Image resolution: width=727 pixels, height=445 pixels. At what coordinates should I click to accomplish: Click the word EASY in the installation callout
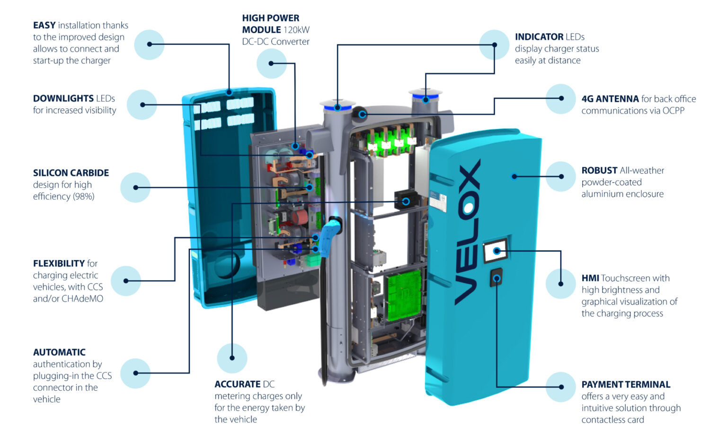(44, 26)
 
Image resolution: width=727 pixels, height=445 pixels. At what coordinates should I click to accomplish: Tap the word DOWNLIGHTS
(63, 98)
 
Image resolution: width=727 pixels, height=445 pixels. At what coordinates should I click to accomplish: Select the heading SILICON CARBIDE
(71, 173)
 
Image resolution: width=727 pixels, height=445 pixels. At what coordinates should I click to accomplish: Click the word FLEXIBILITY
(59, 263)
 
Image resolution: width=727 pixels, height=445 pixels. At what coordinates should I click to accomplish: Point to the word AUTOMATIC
(59, 352)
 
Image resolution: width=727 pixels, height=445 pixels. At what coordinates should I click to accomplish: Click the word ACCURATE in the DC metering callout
(238, 384)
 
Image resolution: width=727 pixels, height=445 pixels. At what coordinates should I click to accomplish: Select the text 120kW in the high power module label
(296, 30)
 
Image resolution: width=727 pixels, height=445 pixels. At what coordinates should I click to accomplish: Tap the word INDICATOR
(539, 37)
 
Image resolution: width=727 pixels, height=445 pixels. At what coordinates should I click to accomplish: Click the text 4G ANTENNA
(610, 99)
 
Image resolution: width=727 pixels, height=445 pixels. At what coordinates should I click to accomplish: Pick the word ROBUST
(599, 170)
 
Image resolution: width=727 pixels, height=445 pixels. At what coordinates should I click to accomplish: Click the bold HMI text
(590, 278)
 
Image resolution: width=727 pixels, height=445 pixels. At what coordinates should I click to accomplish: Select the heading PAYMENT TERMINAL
(626, 384)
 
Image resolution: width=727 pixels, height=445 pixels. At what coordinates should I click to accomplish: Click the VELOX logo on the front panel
(467, 232)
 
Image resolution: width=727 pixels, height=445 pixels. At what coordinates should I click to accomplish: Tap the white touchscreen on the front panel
(496, 251)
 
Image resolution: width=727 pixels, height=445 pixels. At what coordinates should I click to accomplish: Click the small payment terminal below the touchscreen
(496, 278)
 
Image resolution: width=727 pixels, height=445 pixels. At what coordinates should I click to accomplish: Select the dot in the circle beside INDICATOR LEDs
(494, 45)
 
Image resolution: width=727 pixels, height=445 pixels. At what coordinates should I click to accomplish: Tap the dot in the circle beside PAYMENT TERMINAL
(561, 387)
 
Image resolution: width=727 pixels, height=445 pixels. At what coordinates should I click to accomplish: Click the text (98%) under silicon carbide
(83, 196)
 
